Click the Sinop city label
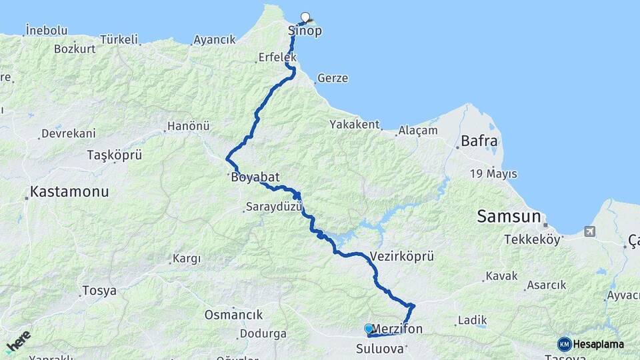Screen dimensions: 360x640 305,31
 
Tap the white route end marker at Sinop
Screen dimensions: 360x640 306,17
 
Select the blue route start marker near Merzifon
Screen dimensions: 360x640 369,329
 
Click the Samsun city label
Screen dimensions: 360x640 509,216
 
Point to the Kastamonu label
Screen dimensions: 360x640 69,192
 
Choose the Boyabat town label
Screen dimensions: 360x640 255,178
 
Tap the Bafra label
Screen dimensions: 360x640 479,141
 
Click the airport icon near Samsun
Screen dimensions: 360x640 589,231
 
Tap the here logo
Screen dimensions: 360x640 18,341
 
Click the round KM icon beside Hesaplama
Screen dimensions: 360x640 564,344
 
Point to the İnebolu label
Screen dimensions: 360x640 47,30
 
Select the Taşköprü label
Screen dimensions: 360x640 115,155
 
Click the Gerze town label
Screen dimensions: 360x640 333,78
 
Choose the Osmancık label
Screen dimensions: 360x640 233,315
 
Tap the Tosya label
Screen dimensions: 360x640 99,291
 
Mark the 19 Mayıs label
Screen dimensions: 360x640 493,174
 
